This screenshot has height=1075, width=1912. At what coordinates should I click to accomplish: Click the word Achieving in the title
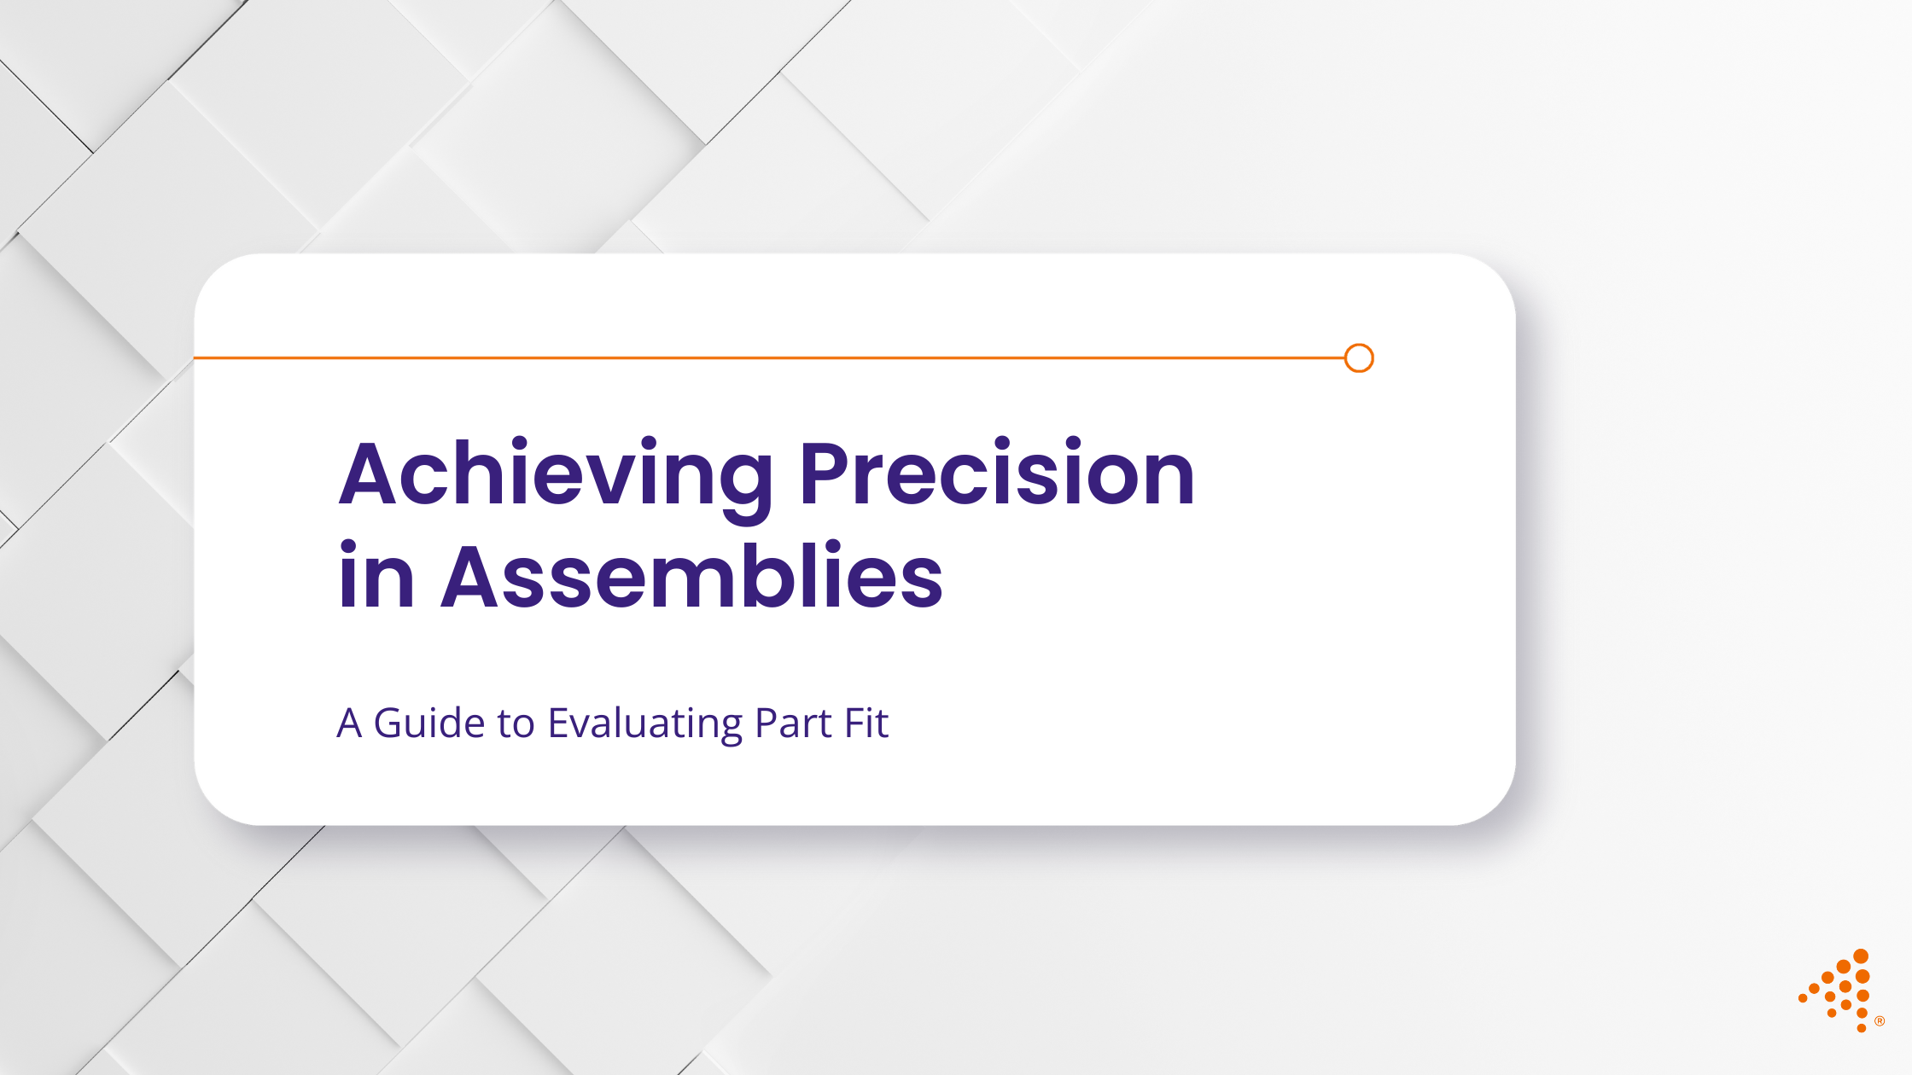click(555, 474)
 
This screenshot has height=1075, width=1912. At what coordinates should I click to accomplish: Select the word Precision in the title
click(996, 474)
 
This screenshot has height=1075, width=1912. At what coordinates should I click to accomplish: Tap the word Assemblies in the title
click(691, 578)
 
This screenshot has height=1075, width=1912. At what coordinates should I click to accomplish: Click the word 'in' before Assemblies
click(376, 578)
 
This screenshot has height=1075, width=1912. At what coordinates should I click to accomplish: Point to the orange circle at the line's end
click(1358, 358)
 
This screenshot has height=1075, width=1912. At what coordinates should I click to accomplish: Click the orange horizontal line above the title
click(768, 358)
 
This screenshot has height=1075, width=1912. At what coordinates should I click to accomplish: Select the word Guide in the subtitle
click(430, 723)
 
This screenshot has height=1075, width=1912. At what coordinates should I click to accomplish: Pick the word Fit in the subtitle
click(866, 723)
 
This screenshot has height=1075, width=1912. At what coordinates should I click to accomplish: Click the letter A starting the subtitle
click(349, 723)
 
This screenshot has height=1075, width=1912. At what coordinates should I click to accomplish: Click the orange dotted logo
click(1839, 990)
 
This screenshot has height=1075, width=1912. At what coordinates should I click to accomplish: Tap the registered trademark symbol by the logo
click(1880, 1021)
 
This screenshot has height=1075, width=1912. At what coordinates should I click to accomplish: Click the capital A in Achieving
click(371, 474)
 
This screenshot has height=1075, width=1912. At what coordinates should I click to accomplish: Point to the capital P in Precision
click(824, 474)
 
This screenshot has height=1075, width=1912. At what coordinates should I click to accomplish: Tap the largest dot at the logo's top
click(1861, 956)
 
